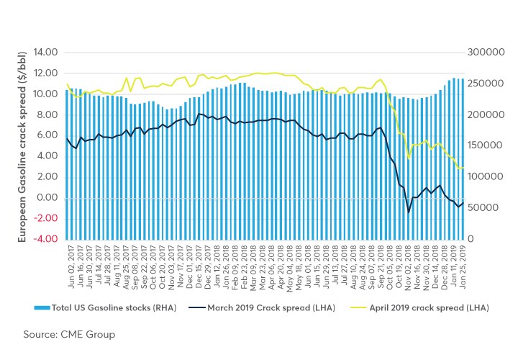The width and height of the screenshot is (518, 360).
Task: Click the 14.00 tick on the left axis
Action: click(x=45, y=53)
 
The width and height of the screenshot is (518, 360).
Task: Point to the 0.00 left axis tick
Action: click(x=47, y=197)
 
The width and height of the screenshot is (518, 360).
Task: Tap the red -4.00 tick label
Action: click(x=45, y=239)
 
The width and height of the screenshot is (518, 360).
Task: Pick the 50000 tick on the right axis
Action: click(x=483, y=207)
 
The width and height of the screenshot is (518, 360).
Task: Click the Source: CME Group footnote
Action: click(x=69, y=334)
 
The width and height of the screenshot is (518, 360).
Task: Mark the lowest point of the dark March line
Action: click(x=409, y=212)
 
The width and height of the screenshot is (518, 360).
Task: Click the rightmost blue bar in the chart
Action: click(x=462, y=158)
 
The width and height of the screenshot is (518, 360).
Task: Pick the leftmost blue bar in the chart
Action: click(x=67, y=164)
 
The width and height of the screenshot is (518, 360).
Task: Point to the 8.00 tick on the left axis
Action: click(x=47, y=114)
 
